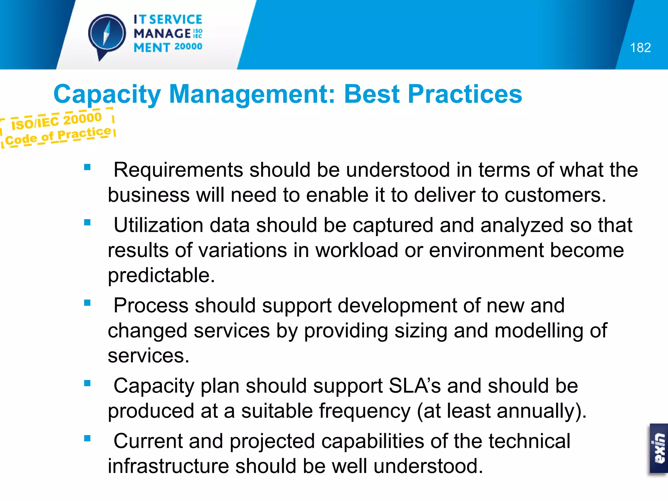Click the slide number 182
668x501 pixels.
(x=640, y=48)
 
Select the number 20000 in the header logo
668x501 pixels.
(x=188, y=47)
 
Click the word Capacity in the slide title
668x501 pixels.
(x=107, y=94)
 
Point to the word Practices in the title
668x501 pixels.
(x=465, y=94)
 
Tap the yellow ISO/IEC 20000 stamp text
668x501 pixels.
(x=56, y=121)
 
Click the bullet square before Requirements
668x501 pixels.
(x=87, y=167)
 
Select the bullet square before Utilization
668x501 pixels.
(x=87, y=222)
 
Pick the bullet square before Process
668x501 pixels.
(x=87, y=303)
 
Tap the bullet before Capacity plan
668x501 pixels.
(x=87, y=383)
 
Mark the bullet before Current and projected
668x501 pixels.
(x=87, y=438)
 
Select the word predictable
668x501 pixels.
(x=161, y=275)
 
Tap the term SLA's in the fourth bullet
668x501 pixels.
(x=415, y=386)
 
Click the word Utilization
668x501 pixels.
(x=158, y=225)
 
